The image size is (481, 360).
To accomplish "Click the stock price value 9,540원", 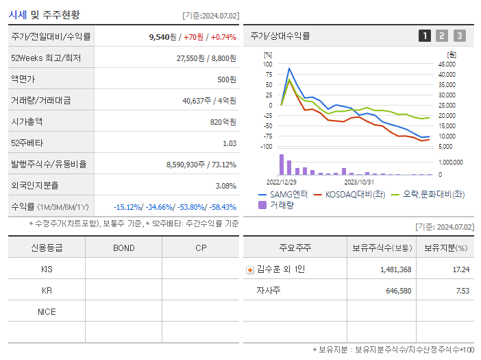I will [162, 37].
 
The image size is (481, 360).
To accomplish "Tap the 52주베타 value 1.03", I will [229, 143].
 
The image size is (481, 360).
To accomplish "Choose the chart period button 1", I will [425, 36].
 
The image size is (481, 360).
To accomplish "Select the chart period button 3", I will [459, 36].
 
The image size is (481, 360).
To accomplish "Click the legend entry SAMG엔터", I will [284, 194].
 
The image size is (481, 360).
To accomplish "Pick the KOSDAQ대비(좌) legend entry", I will [349, 194].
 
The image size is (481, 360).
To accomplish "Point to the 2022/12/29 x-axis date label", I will [281, 182].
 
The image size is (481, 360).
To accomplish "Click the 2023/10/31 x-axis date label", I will [358, 182].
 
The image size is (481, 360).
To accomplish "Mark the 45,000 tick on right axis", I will [447, 64].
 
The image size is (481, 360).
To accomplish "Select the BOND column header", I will [123, 248].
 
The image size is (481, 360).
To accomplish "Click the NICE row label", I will [47, 311].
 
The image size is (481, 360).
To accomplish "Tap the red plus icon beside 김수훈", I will [250, 269].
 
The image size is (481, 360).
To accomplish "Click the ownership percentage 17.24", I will [460, 269].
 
